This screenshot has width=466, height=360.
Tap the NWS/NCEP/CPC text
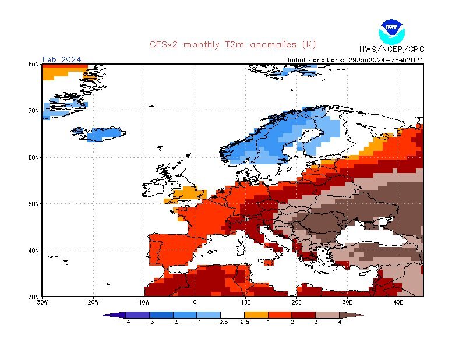[391, 49]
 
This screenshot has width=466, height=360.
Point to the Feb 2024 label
[62, 59]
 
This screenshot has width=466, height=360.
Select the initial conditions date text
[355, 59]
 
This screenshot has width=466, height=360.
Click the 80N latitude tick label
[34, 65]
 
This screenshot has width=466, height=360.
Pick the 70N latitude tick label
[34, 111]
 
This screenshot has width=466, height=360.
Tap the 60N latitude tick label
[34, 157]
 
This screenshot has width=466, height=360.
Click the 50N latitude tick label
[34, 204]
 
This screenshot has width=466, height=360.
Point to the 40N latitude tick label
[34, 250]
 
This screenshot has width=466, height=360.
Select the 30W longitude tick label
[42, 302]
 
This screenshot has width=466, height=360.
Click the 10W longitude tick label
[144, 302]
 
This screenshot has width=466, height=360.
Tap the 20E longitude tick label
[296, 302]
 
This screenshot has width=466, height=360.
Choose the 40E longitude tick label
[398, 302]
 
